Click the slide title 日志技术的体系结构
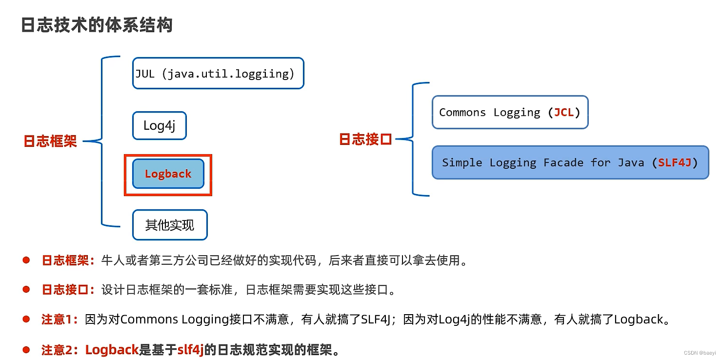tap(97, 25)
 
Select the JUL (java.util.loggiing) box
tap(218, 73)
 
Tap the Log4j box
tap(159, 125)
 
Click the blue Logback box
tap(168, 174)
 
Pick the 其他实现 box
tap(170, 225)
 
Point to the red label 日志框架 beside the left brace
tap(50, 141)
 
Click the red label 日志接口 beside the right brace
tap(365, 140)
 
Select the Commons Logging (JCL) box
tap(510, 112)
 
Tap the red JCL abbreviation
tap(563, 112)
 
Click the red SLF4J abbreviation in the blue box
tap(675, 162)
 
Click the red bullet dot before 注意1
tap(26, 319)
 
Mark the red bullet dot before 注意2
tap(26, 349)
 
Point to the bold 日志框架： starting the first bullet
tap(68, 260)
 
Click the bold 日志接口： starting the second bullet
tap(68, 290)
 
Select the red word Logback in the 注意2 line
tap(112, 350)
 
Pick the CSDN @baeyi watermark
tap(700, 352)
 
